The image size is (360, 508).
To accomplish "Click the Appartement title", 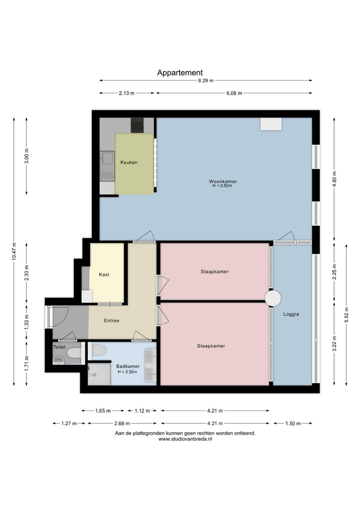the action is pos(180,73).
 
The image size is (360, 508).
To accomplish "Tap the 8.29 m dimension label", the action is pos(206,81).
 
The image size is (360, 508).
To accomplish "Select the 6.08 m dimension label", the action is pos(234,93).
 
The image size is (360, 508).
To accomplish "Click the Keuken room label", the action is pos(129,162).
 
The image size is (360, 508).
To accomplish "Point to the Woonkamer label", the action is pos(223,181).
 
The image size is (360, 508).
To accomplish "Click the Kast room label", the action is pos(104,274).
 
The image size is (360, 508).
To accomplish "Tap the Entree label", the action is pos(111,320).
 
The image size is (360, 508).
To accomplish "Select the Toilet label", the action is pos(59,347).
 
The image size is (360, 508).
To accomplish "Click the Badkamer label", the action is pos(128,367).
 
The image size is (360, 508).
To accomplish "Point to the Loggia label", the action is pos(291,314).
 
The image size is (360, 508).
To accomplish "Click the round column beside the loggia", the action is pos(273,298).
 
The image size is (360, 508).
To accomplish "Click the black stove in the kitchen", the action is pos(137,125).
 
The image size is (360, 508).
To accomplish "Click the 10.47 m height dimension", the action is pos(14,251).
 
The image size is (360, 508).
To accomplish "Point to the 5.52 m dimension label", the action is pos(346,315).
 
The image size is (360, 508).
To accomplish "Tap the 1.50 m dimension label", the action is pos(293,424).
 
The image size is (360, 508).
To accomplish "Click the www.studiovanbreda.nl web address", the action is pos(185,439).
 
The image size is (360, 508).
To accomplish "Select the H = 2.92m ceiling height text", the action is pos(222,186).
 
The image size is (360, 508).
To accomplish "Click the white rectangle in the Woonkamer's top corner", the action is pos(271,124).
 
